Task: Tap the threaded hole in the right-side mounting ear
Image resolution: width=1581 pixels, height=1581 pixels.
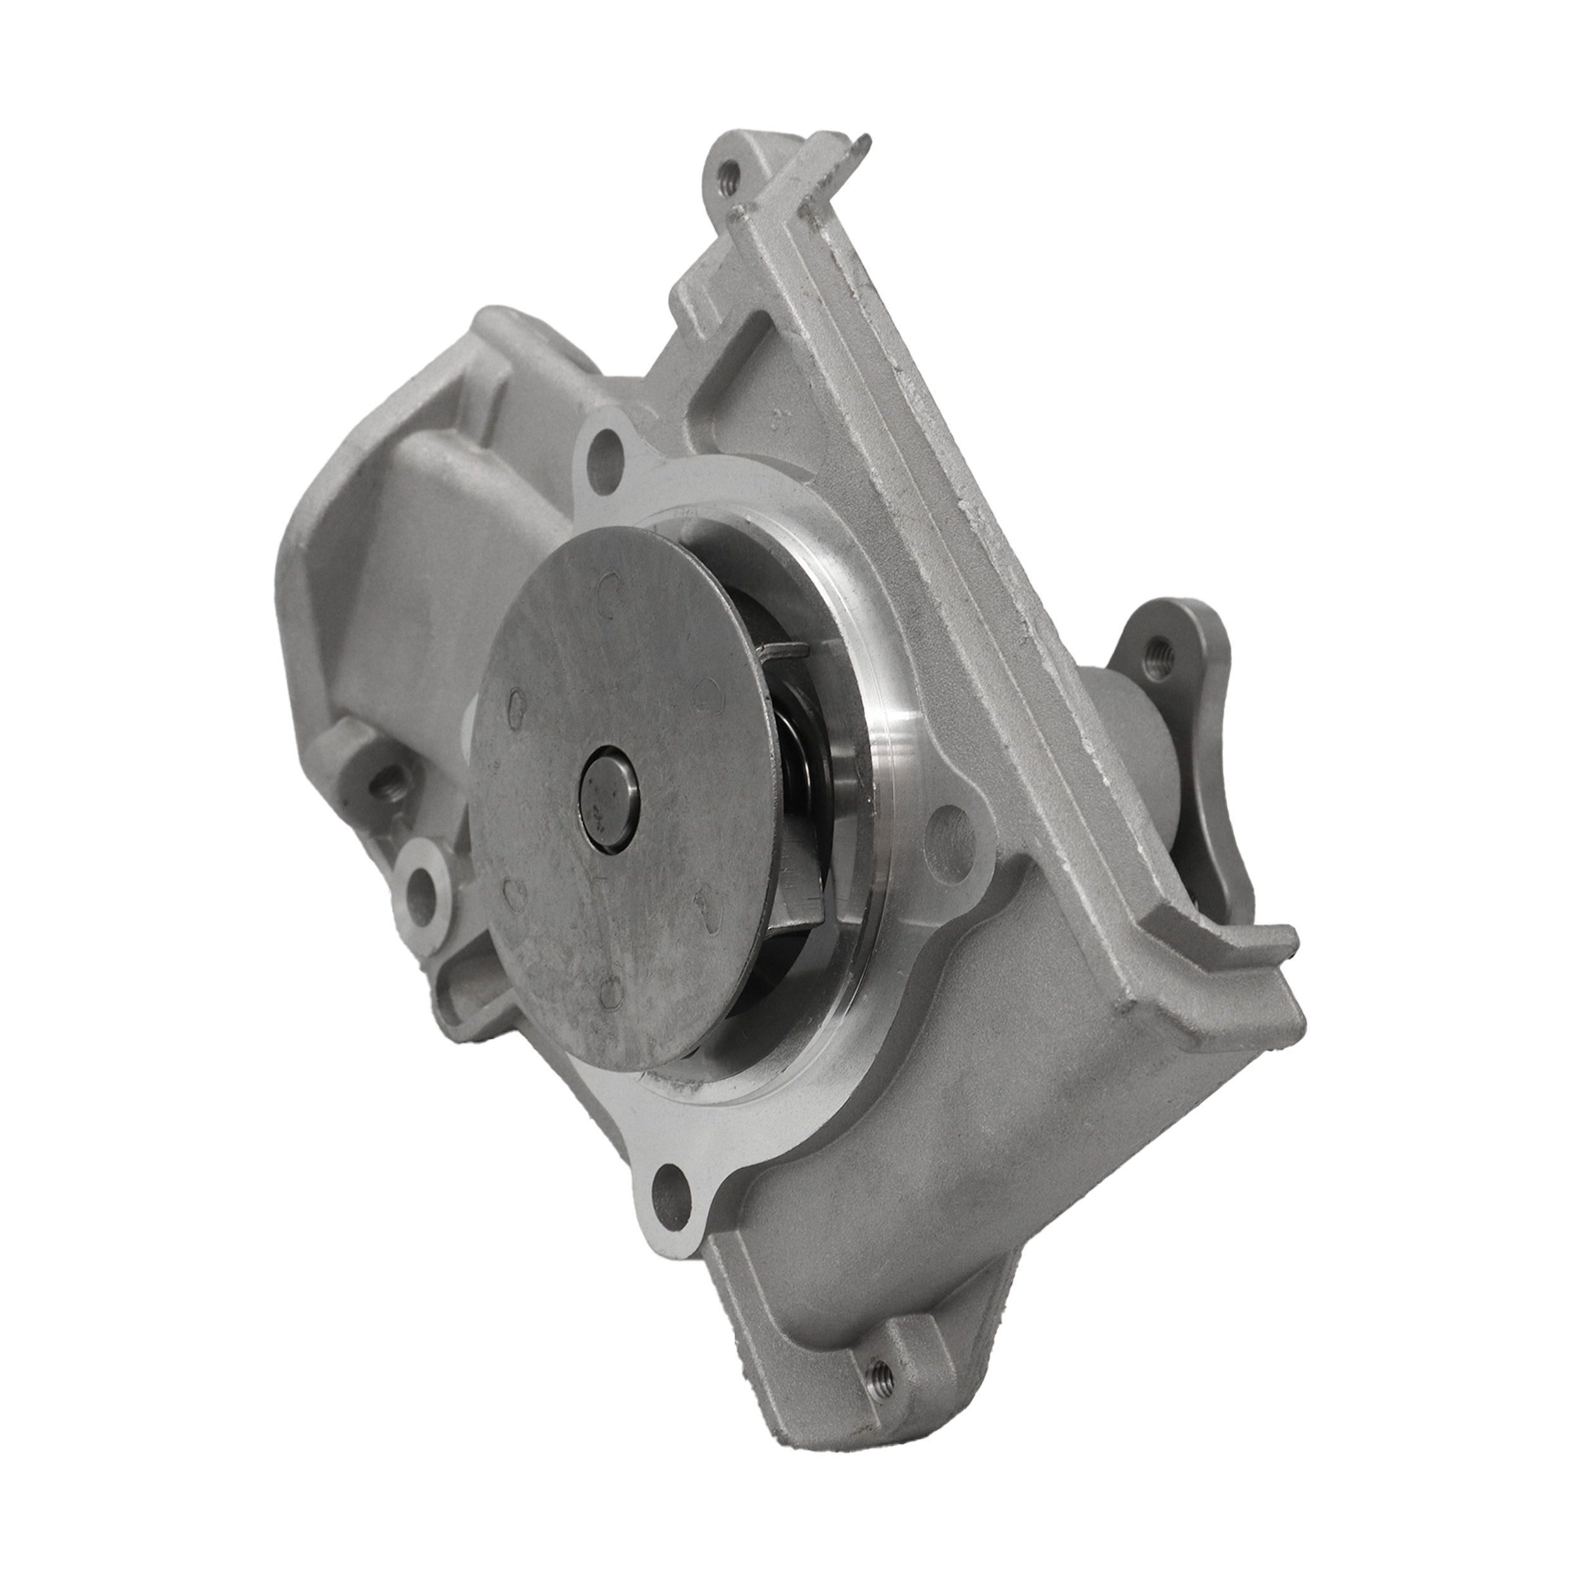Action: point(1159,655)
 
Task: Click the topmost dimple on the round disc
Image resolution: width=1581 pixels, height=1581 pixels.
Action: point(608,587)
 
